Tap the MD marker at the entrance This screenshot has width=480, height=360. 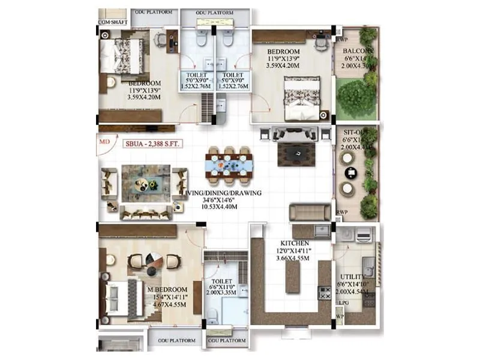point(104,143)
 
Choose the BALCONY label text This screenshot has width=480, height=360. point(358,51)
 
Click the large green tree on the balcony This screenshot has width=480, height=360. point(356,96)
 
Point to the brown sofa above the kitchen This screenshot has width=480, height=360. point(310,212)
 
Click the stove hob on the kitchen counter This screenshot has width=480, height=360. point(326,293)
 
